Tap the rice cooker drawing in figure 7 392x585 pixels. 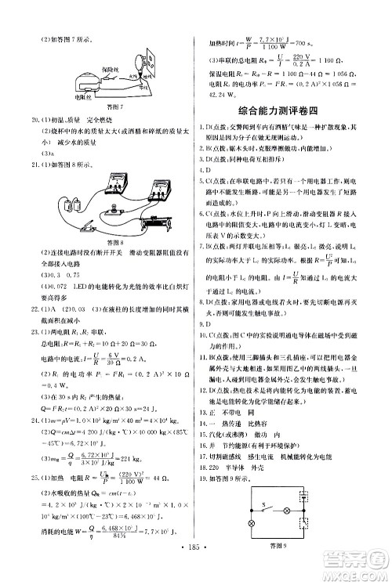pos(85,81)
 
